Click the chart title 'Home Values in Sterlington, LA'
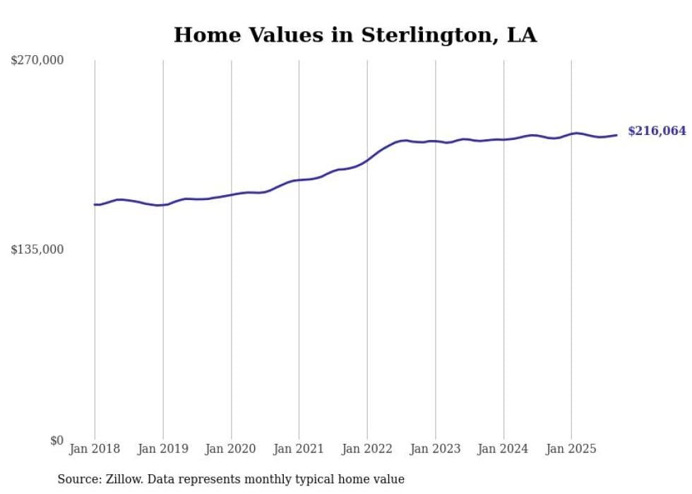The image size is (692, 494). pos(355,35)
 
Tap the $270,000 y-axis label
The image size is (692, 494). pos(37,61)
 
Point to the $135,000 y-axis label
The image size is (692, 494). pos(37,249)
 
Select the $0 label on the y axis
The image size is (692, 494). pos(56,440)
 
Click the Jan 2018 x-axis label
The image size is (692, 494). pos(95,449)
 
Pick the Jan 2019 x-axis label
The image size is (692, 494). pos(163,449)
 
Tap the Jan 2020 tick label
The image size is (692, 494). pos(231,449)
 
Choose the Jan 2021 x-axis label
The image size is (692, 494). pos(299,449)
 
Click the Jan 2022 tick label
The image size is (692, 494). pos(367,449)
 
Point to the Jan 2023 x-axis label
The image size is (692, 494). pos(435,449)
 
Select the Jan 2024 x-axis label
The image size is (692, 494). pos(503,449)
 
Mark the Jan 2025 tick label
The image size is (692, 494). pos(571,449)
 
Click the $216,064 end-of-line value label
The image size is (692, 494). pos(657,131)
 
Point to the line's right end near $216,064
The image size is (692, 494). pos(616,135)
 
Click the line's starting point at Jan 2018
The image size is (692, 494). pos(95,204)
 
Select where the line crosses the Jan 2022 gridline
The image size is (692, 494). pos(367,160)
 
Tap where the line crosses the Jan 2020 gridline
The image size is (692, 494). pos(231,194)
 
